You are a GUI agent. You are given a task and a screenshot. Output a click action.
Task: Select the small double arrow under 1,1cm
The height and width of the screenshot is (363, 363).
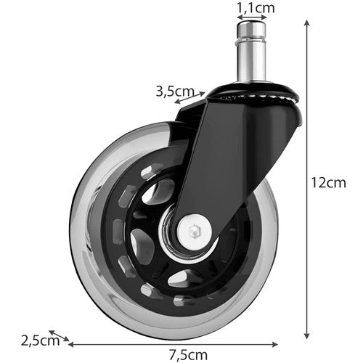251,20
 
